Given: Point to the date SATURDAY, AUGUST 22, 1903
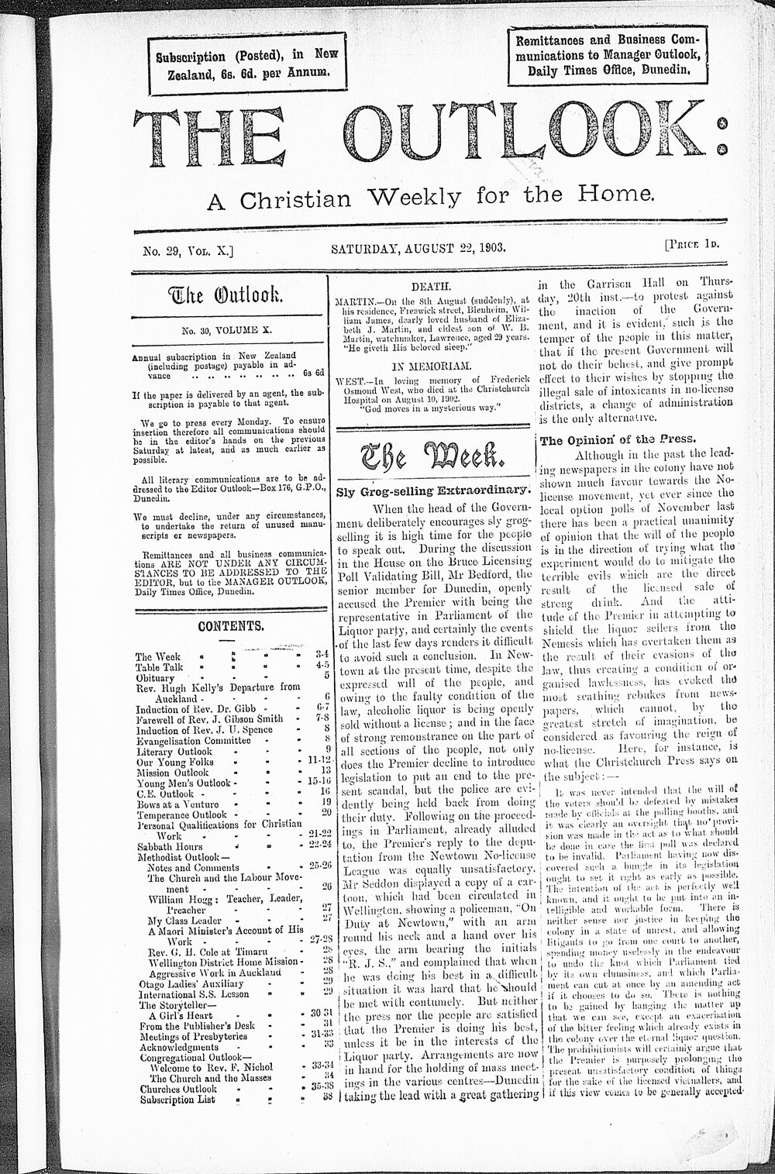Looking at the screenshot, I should coord(418,250).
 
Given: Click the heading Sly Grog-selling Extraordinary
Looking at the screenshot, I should coord(432,491).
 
